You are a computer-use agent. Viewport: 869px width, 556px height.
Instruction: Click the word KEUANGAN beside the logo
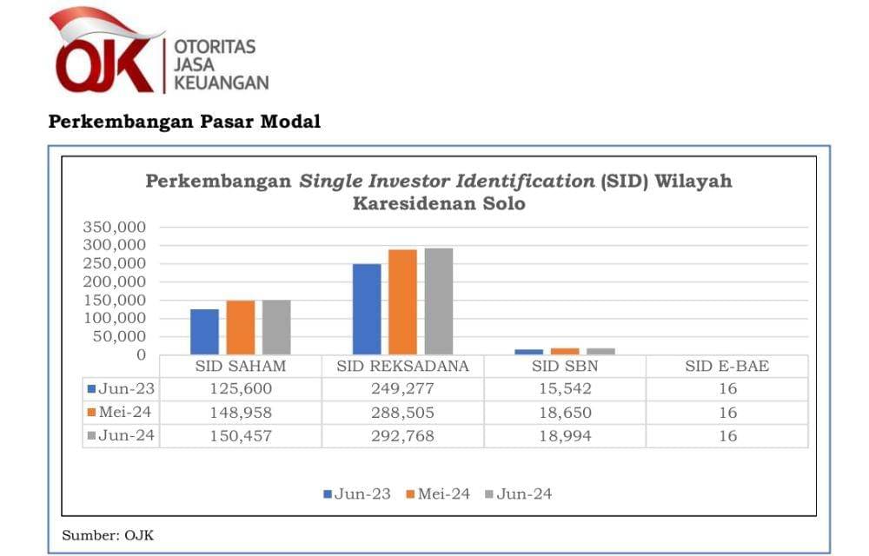(x=222, y=83)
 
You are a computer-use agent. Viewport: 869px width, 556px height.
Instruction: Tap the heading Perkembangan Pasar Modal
(x=184, y=122)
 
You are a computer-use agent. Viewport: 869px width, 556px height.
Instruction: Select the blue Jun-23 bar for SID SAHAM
(x=205, y=332)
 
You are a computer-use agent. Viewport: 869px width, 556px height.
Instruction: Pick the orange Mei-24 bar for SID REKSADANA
(x=402, y=302)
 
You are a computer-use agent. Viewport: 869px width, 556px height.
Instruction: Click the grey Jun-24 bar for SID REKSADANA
(x=438, y=301)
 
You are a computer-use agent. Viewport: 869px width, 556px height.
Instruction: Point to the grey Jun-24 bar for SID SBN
(x=600, y=351)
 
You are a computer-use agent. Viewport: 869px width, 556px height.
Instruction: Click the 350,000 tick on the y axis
(x=115, y=227)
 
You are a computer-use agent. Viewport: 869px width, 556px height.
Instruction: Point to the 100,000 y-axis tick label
(x=115, y=318)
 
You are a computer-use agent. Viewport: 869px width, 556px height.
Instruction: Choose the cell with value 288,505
(x=402, y=413)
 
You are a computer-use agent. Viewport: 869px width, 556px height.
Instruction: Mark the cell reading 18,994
(x=564, y=436)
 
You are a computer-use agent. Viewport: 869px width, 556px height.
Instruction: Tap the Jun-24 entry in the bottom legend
(x=518, y=494)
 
